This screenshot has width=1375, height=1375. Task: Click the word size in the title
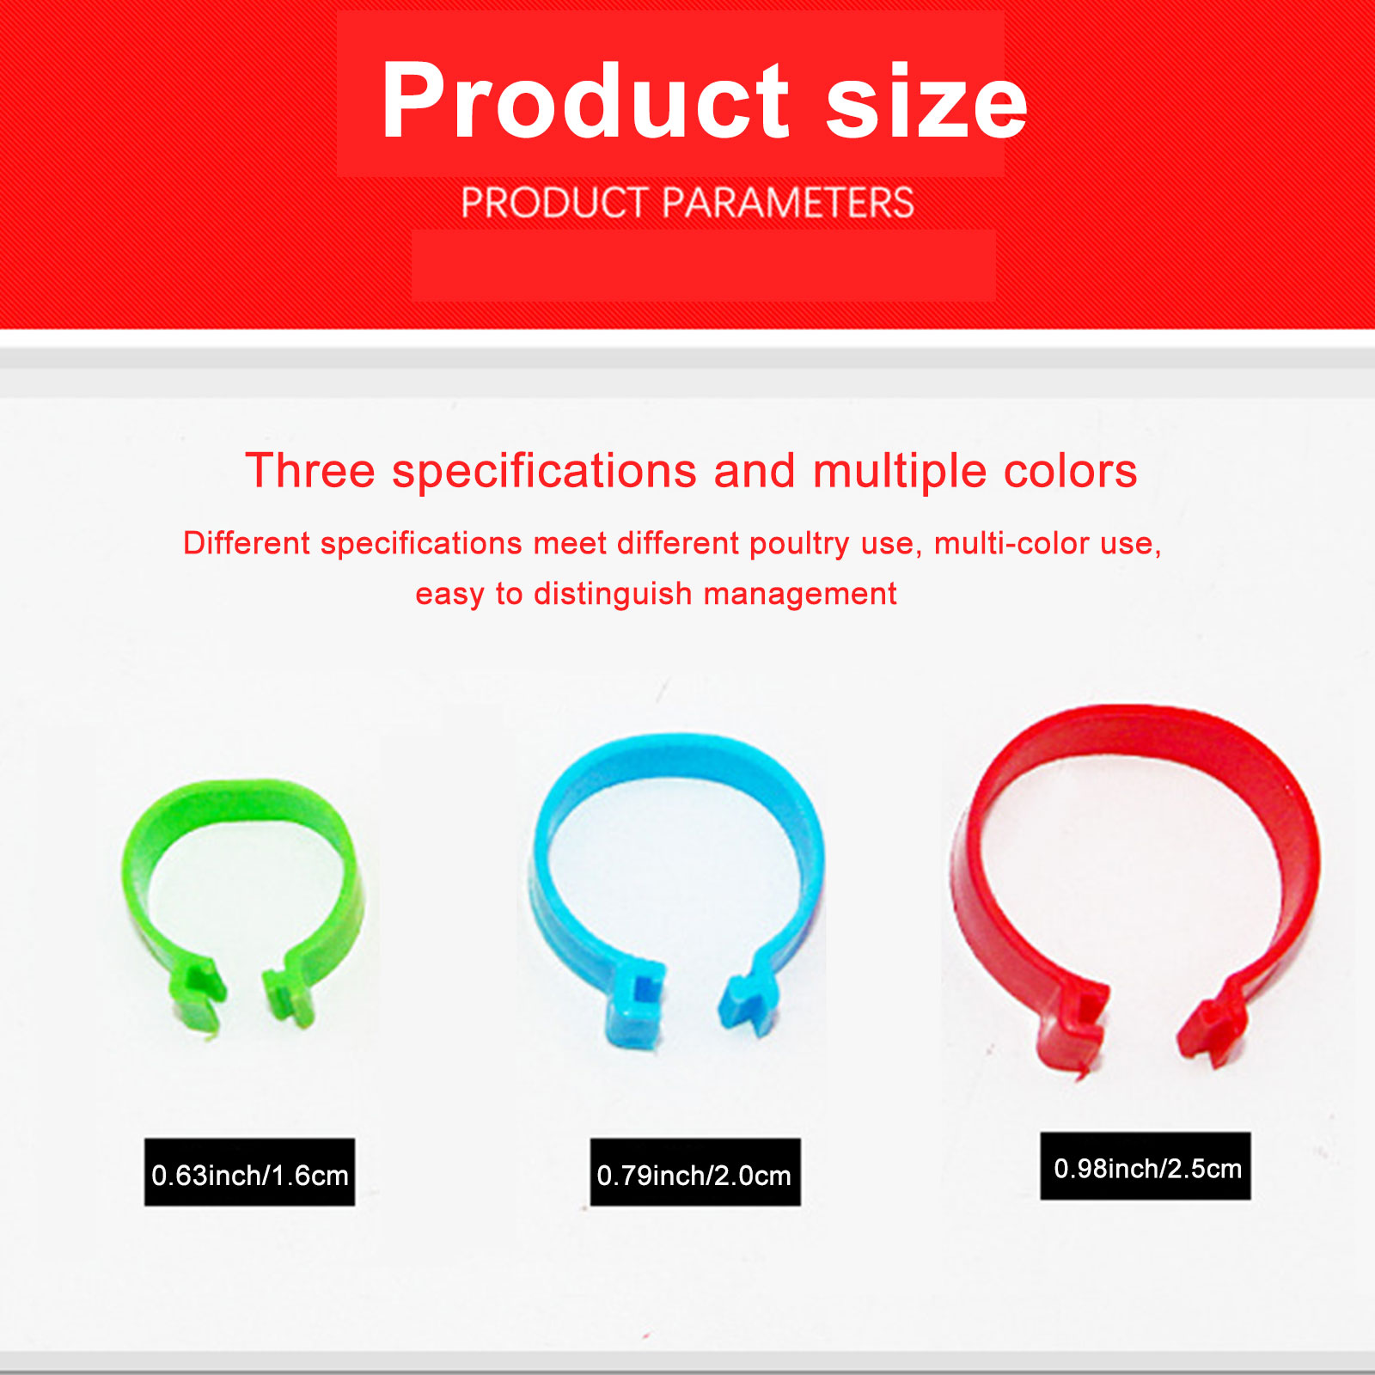(926, 101)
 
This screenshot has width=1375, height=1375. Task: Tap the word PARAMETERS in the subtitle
(788, 203)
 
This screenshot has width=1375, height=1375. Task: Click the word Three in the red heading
(310, 471)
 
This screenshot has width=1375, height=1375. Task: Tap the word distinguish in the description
(613, 595)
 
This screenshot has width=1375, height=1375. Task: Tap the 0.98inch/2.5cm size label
(1146, 1167)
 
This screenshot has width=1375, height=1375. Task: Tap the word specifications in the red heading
(544, 473)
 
